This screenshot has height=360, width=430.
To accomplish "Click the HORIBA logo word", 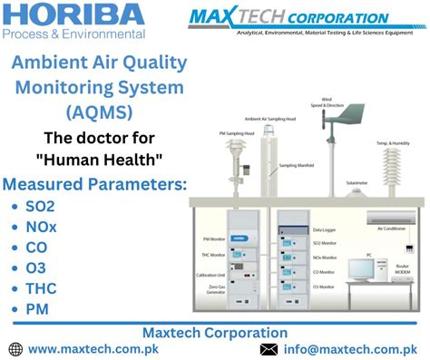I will point(73,15).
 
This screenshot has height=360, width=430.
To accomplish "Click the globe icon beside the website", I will point(15,348).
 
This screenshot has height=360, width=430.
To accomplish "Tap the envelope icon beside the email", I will point(269,348).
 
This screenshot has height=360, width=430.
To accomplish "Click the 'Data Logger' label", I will point(324,230).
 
